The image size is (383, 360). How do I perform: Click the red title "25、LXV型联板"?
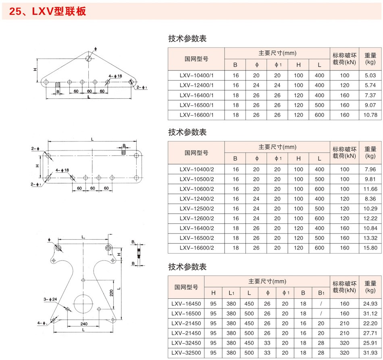pos(48,11)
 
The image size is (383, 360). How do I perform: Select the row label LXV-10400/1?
pos(196,76)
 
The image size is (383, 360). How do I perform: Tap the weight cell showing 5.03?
pos(370,76)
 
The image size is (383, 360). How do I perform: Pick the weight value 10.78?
pos(370,115)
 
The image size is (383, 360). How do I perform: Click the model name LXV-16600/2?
pos(197,248)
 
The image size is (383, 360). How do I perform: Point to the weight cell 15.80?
pos(370,248)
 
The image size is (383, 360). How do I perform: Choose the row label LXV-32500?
pos(186,353)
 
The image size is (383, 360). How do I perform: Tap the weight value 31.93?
pos(370,353)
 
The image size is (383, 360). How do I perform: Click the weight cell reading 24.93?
pos(370,304)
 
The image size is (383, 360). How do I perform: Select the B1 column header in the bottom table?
pos(321,293)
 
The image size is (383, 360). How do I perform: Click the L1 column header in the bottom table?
pos(231,293)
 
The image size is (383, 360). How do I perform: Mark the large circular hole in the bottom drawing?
pos(83,304)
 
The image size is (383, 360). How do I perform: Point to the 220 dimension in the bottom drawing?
pos(111,293)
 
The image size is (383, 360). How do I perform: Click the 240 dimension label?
pos(84,324)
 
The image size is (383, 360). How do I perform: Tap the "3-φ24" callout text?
pos(50,299)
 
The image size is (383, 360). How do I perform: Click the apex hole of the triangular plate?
pos(88,58)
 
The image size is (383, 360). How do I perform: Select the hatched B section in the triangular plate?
pos(58,85)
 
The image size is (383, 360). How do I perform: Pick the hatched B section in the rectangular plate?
pos(124,152)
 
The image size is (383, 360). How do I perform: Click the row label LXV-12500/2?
pos(197,209)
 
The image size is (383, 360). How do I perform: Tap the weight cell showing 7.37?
pos(370,95)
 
